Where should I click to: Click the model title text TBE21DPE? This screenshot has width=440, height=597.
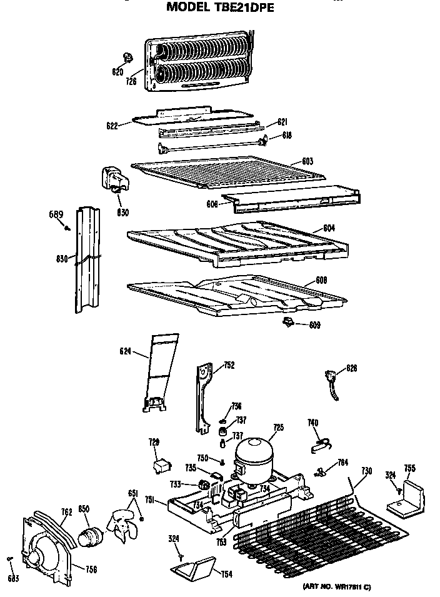220,8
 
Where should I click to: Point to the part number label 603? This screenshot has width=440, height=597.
307,161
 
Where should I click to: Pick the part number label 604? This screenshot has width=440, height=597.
329,228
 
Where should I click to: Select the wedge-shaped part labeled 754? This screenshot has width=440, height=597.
194,569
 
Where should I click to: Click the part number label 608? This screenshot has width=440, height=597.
321,280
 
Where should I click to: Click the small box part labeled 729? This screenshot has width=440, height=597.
164,465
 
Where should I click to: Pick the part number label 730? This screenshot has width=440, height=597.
367,471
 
